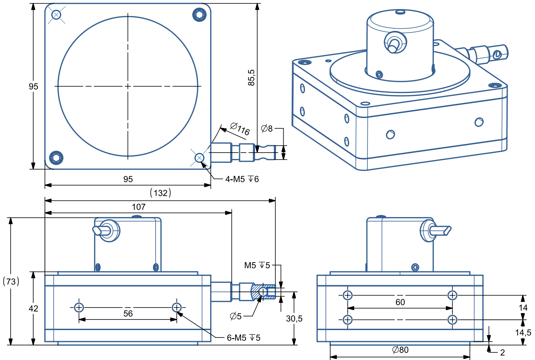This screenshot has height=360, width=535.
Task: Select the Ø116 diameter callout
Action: [240, 129]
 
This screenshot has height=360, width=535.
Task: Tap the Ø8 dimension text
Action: [267, 128]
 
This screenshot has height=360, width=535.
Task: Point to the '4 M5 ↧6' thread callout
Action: [242, 179]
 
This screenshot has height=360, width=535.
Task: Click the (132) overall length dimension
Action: [161, 193]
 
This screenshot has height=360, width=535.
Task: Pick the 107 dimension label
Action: [139, 207]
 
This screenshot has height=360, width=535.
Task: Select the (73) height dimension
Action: [11, 281]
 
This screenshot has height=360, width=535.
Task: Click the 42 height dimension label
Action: [33, 308]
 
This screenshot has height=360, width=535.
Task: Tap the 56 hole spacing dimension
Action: [128, 313]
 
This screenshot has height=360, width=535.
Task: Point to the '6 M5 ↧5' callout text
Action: [243, 338]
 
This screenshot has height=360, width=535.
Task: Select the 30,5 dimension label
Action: [294, 319]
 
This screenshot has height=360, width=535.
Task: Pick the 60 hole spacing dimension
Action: [400, 302]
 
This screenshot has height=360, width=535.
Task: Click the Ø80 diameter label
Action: [400, 350]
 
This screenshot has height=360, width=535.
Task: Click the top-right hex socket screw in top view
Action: [200, 14]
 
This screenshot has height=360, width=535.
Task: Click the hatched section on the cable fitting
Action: [256, 293]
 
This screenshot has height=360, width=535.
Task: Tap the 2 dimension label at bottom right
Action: [502, 352]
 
